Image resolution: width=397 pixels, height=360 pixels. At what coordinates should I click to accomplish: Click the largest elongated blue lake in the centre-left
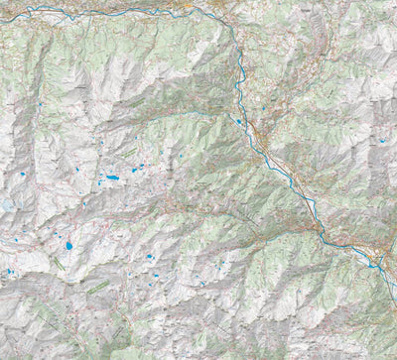(112, 178)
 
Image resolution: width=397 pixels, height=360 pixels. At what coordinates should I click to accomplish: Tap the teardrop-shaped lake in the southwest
(68, 244)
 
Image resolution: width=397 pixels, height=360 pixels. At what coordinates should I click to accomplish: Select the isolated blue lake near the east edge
(381, 141)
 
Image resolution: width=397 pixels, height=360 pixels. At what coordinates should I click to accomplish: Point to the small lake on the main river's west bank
(238, 121)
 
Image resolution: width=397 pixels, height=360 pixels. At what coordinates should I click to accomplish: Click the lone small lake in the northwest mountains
(38, 104)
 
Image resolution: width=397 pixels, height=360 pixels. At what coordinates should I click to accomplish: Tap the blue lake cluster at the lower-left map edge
(9, 271)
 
